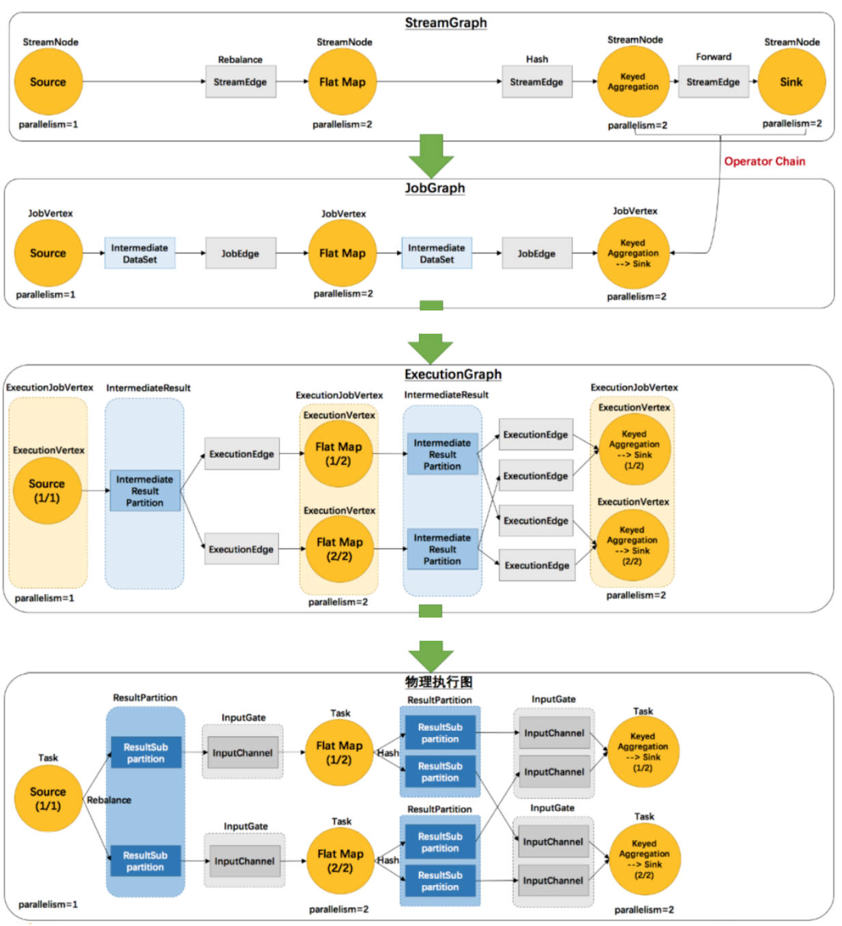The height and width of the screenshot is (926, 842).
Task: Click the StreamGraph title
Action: coord(446,23)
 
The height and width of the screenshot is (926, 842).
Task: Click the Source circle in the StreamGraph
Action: coord(48,82)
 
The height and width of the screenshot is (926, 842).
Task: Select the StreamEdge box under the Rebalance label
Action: coord(240,82)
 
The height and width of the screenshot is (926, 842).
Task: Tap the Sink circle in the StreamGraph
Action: coord(792,82)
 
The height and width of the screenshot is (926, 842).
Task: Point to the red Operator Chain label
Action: coord(764,161)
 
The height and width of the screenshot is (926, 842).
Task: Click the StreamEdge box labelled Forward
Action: coord(713,82)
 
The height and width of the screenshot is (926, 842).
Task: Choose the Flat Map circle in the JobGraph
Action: coord(342,253)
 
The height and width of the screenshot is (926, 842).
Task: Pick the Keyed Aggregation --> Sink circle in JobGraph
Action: coord(633,253)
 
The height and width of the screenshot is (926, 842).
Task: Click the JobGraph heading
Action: coord(435,188)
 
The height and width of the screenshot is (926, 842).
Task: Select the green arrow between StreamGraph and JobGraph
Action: coord(431,156)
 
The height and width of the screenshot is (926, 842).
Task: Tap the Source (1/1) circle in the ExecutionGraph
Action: coord(46,491)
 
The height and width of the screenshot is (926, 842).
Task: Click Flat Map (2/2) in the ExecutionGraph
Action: coord(339,549)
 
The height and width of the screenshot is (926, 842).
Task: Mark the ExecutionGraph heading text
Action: coord(452,374)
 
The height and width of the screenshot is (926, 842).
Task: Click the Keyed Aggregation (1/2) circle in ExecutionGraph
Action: coord(634,450)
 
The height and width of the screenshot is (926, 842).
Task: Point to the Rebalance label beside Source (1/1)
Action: coord(109,800)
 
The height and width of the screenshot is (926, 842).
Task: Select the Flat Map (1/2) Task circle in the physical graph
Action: coord(339,753)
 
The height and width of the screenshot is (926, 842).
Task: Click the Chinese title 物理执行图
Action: coord(438,682)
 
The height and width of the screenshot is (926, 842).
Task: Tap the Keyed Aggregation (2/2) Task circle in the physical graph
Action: coord(643,859)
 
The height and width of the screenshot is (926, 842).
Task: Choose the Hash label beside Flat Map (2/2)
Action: coord(388,860)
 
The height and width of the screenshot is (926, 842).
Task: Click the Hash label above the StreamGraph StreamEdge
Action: coord(537,59)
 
